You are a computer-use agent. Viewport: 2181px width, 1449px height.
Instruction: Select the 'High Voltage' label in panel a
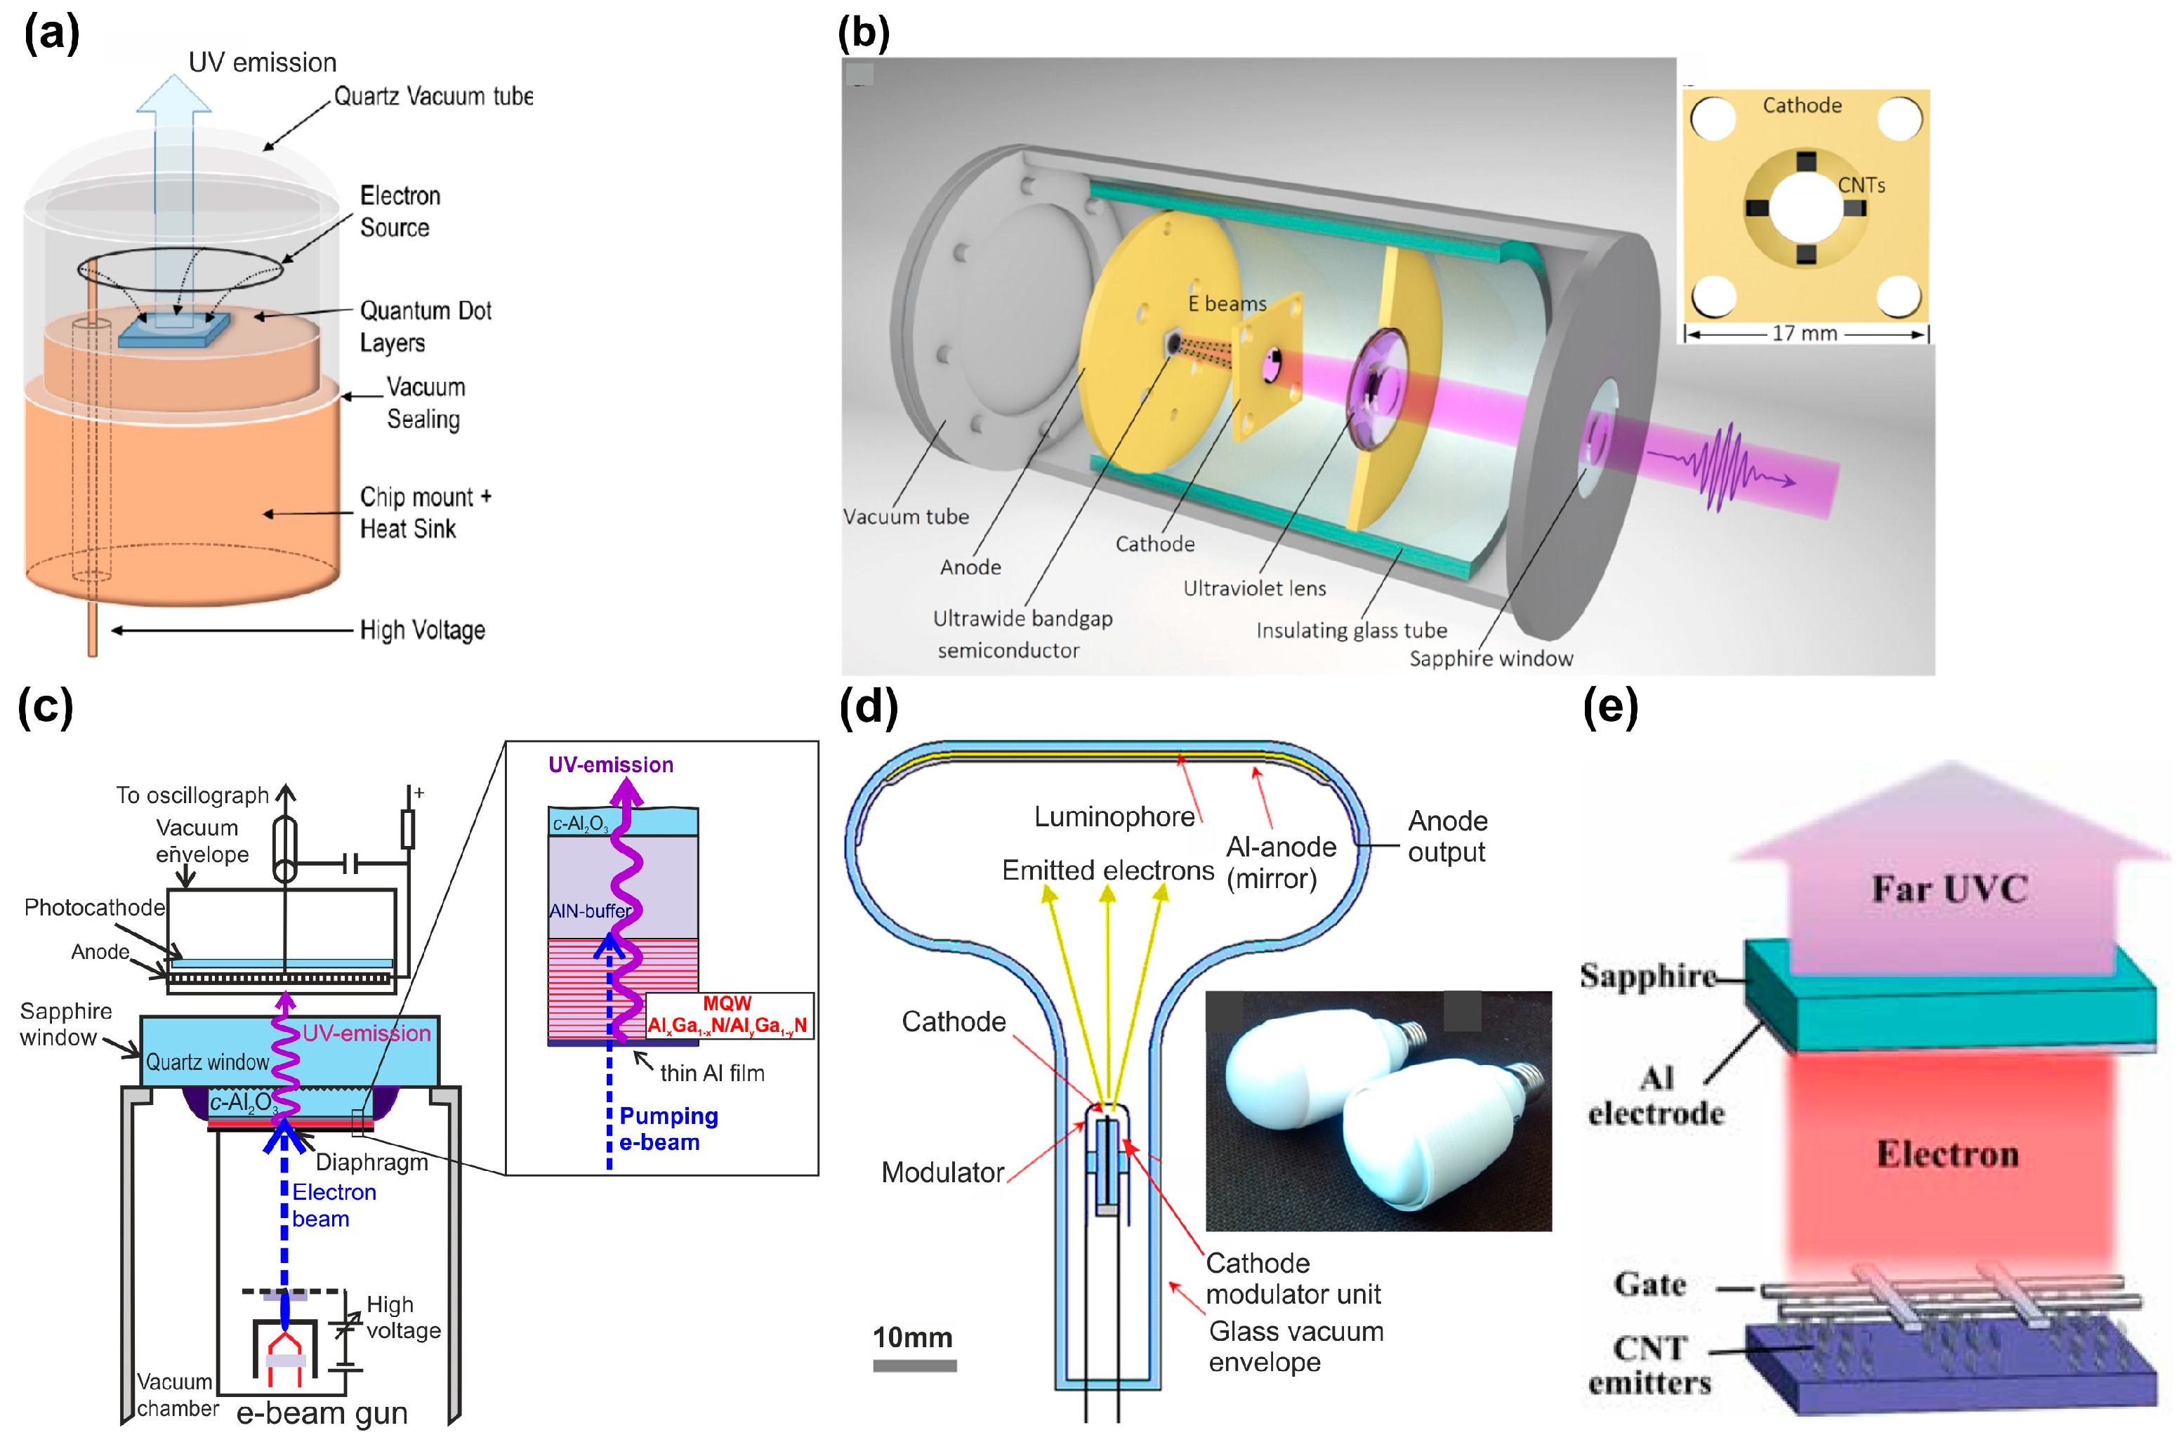click(x=421, y=630)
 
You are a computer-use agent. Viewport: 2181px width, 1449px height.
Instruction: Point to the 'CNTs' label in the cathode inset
click(x=1859, y=185)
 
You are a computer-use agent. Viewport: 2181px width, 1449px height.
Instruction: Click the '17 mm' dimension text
click(x=1803, y=333)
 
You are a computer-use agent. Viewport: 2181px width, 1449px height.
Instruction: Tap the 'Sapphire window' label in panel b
click(x=1490, y=658)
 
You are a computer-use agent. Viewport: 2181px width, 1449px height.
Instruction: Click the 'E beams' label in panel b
click(x=1226, y=303)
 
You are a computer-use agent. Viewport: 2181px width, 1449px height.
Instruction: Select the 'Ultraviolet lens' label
click(x=1254, y=588)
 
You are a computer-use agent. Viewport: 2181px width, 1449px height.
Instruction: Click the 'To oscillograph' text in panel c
click(x=192, y=795)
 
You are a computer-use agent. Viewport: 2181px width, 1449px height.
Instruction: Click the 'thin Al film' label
click(x=711, y=1073)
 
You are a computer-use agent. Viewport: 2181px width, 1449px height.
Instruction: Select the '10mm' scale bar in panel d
click(x=914, y=1364)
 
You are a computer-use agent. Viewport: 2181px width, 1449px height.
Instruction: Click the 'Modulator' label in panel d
click(x=942, y=1172)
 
